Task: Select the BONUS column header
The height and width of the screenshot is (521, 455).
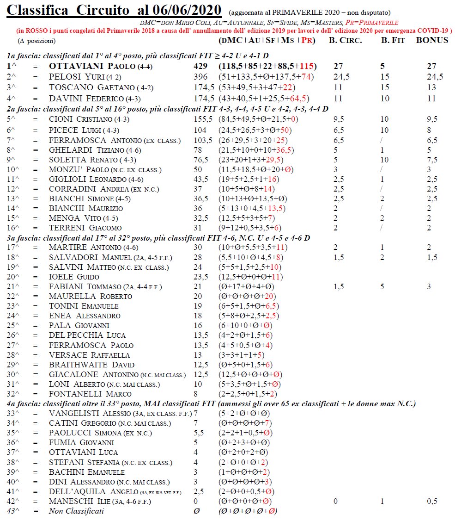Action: (x=432, y=40)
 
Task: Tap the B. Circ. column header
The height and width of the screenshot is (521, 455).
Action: (x=345, y=40)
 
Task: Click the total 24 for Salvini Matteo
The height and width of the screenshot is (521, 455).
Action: (x=198, y=267)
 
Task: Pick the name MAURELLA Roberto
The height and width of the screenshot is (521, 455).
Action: (x=90, y=296)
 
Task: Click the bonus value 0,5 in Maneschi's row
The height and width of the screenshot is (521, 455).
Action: (x=432, y=501)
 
